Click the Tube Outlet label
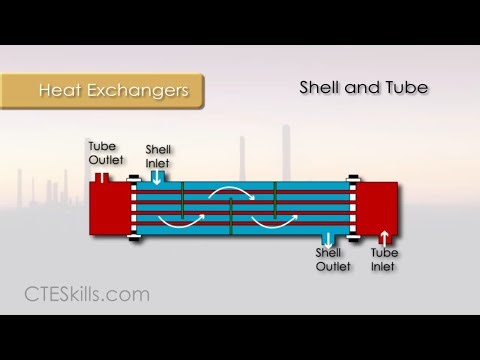(102, 153)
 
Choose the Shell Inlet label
(158, 155)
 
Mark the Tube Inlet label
(384, 260)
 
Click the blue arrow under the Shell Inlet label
(157, 177)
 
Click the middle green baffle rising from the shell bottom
(231, 218)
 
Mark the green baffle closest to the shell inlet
(182, 201)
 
